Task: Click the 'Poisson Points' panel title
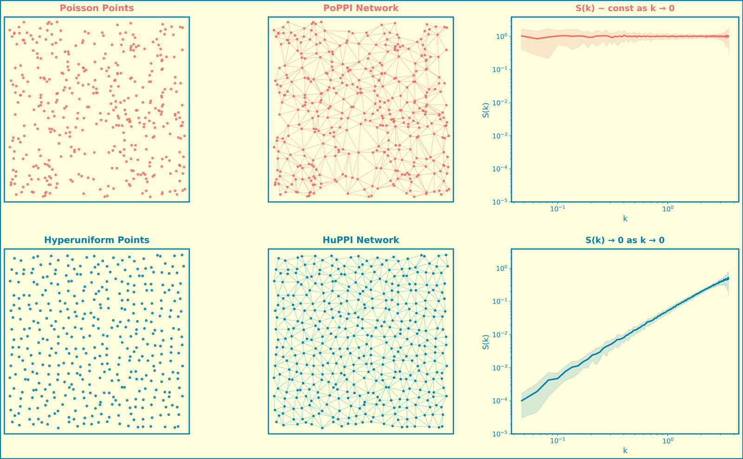tap(97, 8)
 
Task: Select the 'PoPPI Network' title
tap(361, 8)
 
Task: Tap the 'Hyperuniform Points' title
tap(97, 240)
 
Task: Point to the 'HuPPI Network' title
tap(361, 240)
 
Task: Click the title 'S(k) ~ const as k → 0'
tap(625, 8)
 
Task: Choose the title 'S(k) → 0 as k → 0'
tap(625, 240)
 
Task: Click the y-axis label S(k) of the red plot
tap(486, 110)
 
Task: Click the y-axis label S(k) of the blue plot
tap(486, 341)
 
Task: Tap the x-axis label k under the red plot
tap(625, 218)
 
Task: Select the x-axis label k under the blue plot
tap(625, 450)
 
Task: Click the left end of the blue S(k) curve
tap(521, 400)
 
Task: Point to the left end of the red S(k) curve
tap(521, 36)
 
